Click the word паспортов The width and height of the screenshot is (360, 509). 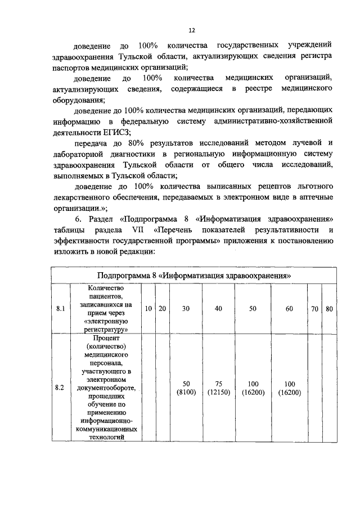pyautogui.click(x=70, y=67)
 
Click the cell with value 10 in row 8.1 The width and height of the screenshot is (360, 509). pyautogui.click(x=147, y=309)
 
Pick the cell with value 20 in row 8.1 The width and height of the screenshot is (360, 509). pyautogui.click(x=162, y=309)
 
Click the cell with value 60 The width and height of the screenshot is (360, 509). pyautogui.click(x=289, y=309)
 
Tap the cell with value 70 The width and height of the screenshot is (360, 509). pyautogui.click(x=314, y=309)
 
